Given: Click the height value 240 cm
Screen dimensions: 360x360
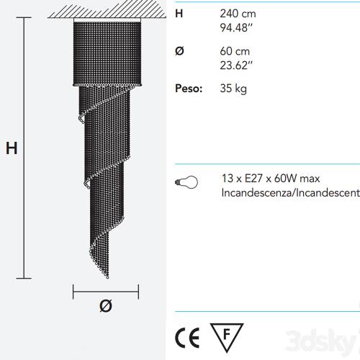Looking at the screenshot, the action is (238, 14).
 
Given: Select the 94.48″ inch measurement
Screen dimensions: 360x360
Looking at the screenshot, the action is (236, 28).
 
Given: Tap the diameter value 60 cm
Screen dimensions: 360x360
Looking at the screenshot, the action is (235, 51).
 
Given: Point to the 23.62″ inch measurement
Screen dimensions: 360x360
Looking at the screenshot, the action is (236, 66).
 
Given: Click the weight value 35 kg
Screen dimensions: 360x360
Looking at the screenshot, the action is (233, 89).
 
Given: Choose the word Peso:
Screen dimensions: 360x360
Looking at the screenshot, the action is (189, 89).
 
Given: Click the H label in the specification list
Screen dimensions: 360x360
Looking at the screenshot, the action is (179, 14).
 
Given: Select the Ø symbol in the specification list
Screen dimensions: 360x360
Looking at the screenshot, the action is (179, 51).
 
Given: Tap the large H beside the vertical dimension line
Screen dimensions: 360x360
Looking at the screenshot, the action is (12, 148).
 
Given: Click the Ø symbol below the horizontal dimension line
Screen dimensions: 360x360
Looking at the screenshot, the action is (106, 306).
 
